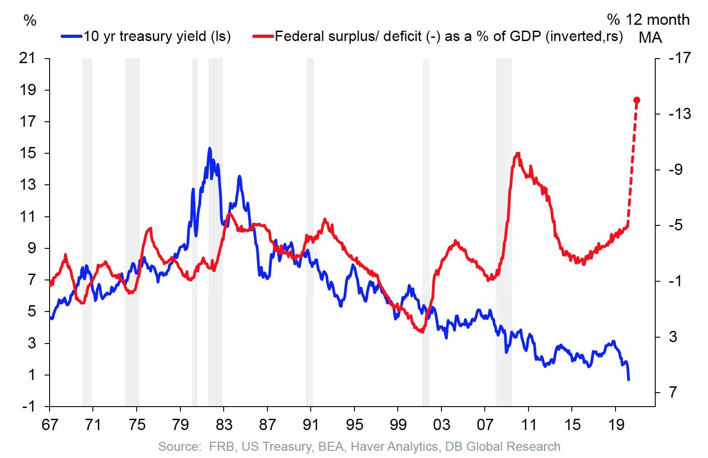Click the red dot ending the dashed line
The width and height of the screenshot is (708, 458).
click(637, 100)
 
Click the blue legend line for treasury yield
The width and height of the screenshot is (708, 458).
click(72, 36)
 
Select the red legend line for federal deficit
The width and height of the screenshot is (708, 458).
click(263, 36)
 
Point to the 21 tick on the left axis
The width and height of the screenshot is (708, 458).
click(27, 58)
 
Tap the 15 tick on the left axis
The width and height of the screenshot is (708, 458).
click(27, 153)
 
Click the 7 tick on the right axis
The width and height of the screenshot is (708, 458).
click(673, 392)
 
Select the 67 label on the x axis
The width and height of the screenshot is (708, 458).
click(50, 425)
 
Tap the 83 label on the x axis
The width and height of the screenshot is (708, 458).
click(224, 425)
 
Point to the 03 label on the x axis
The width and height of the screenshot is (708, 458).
click(441, 425)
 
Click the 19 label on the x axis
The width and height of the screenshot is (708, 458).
click(616, 425)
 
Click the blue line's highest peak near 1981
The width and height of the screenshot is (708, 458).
click(209, 148)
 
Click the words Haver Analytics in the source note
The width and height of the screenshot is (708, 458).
click(394, 447)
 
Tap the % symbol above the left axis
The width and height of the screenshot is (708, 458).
click(30, 20)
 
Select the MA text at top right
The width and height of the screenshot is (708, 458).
click(650, 37)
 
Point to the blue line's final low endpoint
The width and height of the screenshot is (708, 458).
click(629, 380)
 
